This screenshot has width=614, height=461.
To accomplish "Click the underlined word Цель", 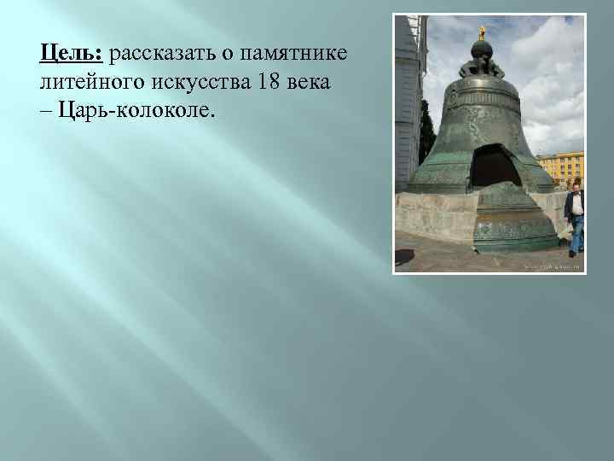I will point(71,55).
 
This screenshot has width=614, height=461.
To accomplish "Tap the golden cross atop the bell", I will point(482,33).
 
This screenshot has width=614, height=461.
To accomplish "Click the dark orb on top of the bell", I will point(482,50).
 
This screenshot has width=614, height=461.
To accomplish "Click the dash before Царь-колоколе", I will point(45,112).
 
